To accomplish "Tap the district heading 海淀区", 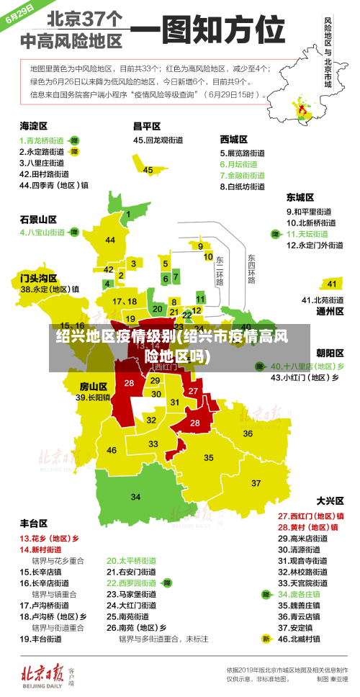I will (x=34, y=125).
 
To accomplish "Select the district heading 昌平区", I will (x=146, y=125).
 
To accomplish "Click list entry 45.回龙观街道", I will (x=161, y=140).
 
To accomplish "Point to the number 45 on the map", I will (x=148, y=170).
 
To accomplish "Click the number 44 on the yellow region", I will (x=110, y=240).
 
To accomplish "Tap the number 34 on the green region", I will (x=136, y=497).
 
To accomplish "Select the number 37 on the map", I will (x=256, y=482).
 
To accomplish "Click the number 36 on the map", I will (x=247, y=433).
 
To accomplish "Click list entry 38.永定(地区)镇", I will (x=50, y=289).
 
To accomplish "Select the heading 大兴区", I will (x=330, y=500).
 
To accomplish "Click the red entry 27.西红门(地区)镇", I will (x=310, y=516).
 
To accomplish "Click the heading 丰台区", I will (x=34, y=523).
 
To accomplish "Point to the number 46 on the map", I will (x=112, y=450).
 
